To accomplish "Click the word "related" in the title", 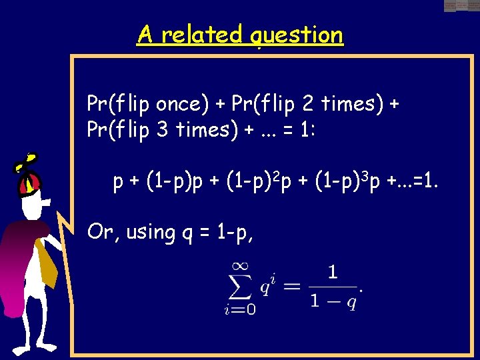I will click(x=201, y=34).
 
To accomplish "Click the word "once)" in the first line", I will click(x=179, y=104).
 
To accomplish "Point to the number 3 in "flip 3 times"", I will click(x=163, y=129).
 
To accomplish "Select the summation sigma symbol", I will click(x=241, y=287).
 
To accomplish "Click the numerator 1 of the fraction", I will click(x=332, y=272).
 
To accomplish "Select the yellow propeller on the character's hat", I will click(x=27, y=162).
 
